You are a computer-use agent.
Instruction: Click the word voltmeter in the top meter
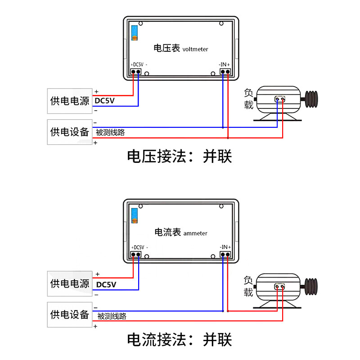tap(195, 49)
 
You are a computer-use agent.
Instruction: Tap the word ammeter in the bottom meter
tap(195, 233)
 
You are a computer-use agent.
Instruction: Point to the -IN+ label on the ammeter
tap(225, 247)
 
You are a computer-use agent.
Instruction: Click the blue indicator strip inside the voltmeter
tap(135, 33)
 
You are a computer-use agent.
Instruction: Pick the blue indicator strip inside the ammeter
tap(135, 216)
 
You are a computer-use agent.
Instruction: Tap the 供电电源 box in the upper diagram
tap(70, 101)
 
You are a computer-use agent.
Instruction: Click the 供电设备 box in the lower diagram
tap(70, 315)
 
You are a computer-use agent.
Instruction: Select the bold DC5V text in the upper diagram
tap(104, 101)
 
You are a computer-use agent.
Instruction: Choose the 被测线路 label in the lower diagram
tap(112, 316)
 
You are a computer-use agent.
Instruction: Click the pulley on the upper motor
tap(311, 99)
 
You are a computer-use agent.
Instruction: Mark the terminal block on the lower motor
tap(279, 287)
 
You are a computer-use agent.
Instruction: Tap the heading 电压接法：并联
tap(180, 156)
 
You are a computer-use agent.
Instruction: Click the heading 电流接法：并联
tap(180, 340)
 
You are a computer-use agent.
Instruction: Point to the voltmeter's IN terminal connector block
tap(225, 72)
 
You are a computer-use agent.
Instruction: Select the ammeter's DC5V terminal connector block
tap(136, 254)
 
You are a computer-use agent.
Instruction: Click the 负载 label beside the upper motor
tap(248, 99)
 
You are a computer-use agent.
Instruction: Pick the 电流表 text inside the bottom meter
tap(167, 232)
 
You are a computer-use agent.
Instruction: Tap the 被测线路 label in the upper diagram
tap(110, 132)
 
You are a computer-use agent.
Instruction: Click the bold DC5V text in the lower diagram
tap(106, 285)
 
